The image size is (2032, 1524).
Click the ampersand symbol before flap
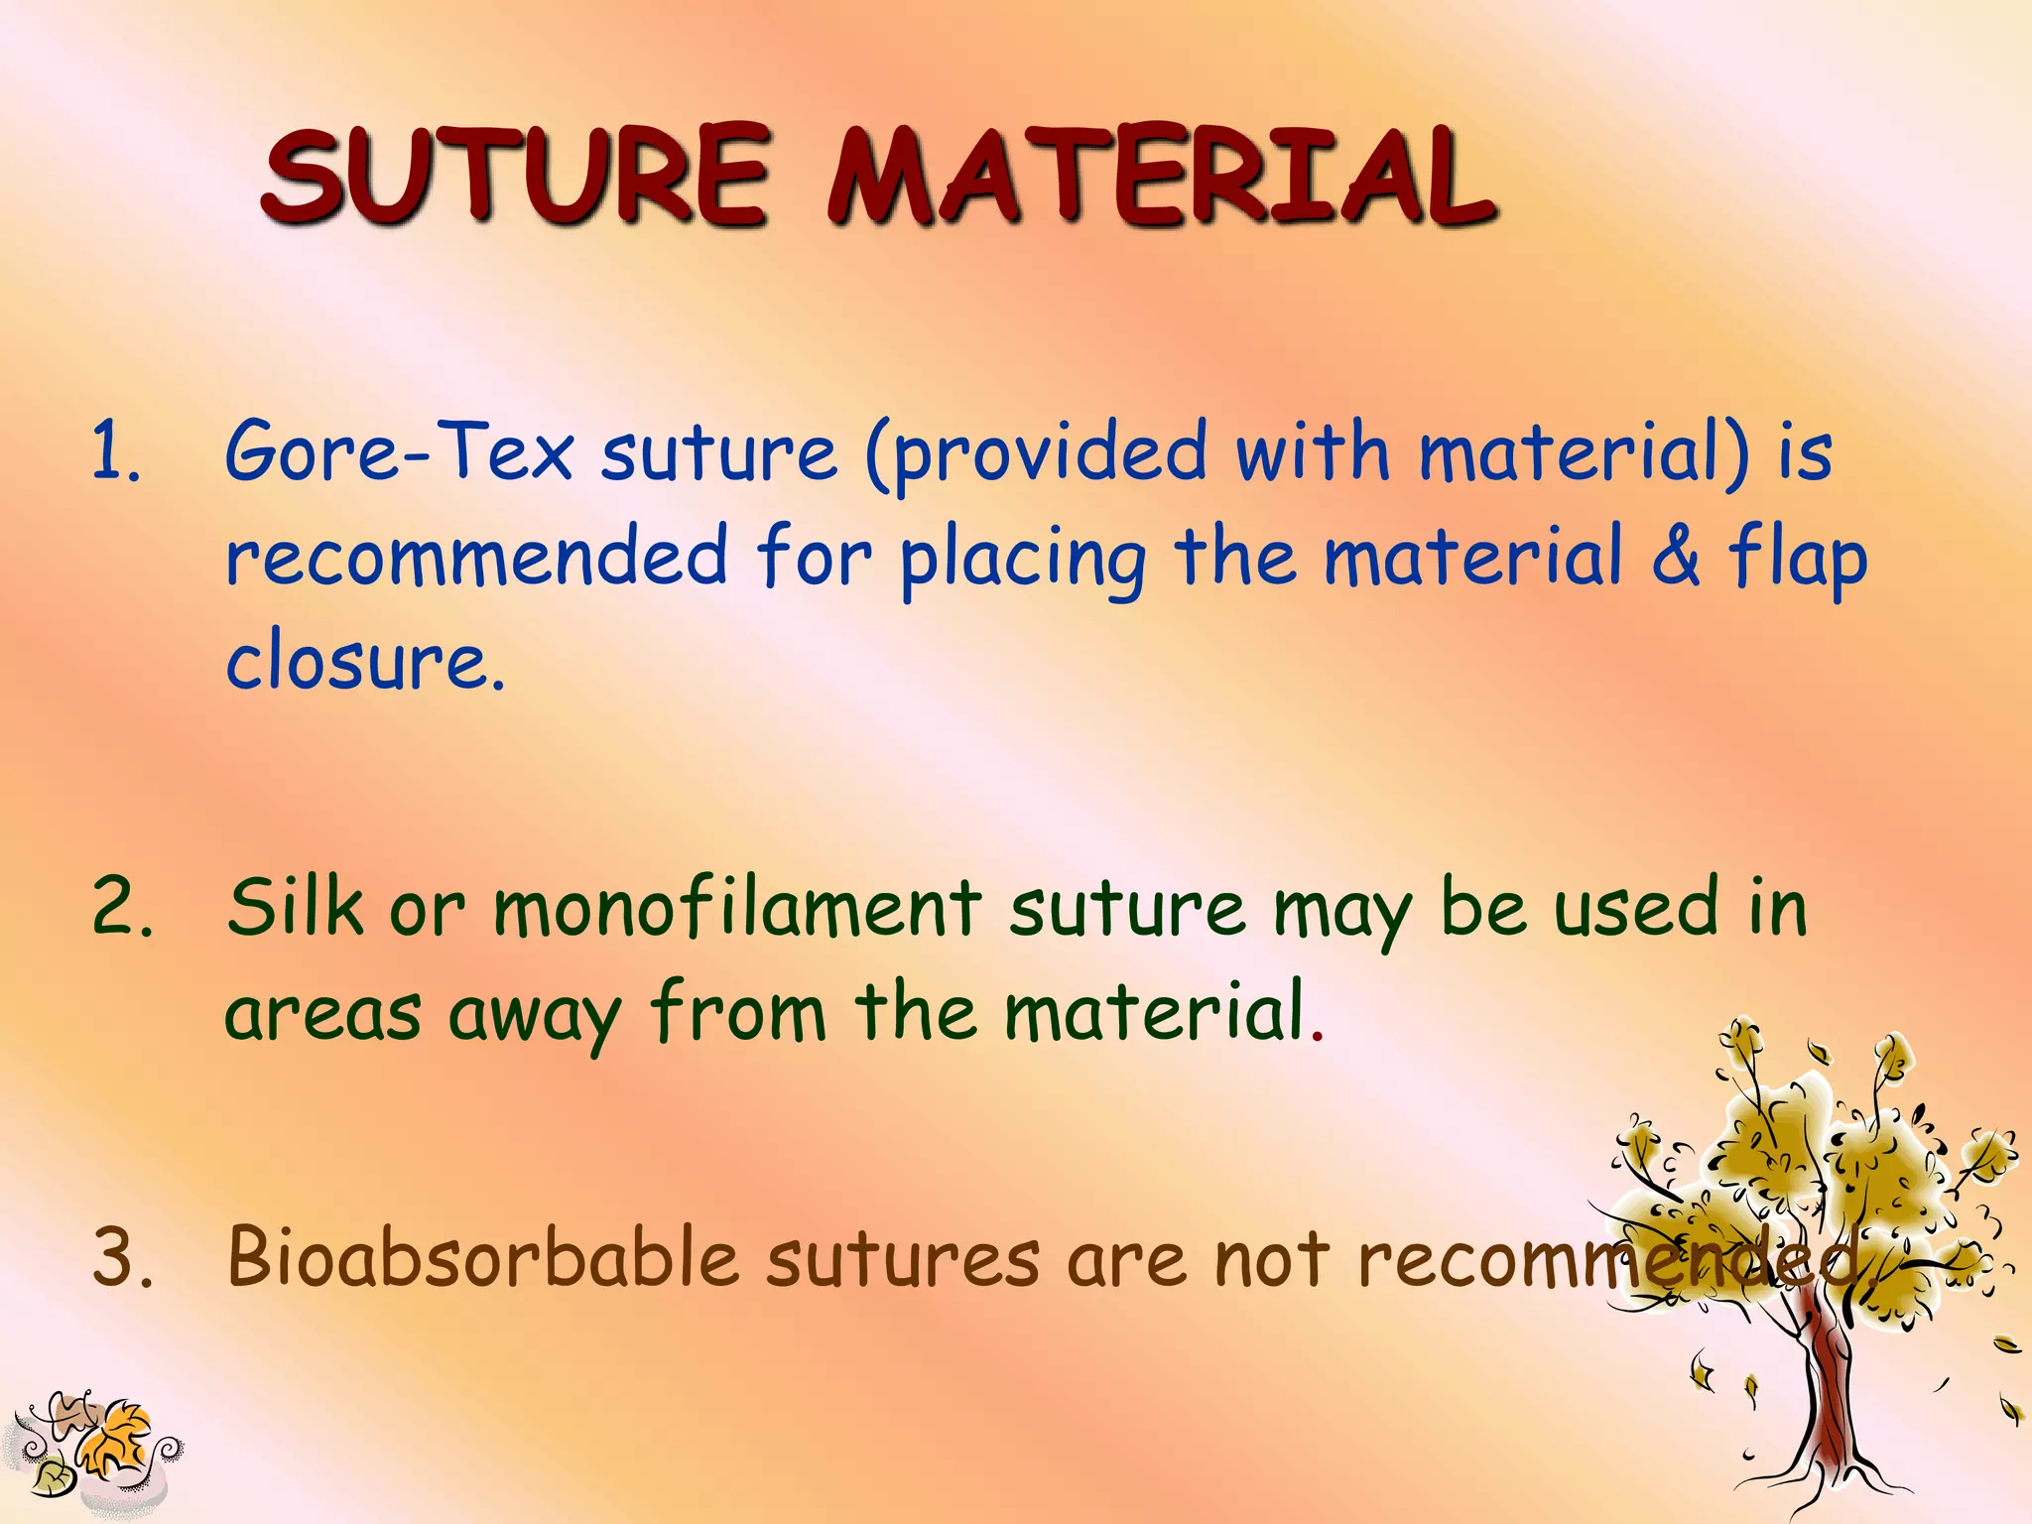coord(1676,556)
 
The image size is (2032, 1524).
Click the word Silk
coord(296,907)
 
